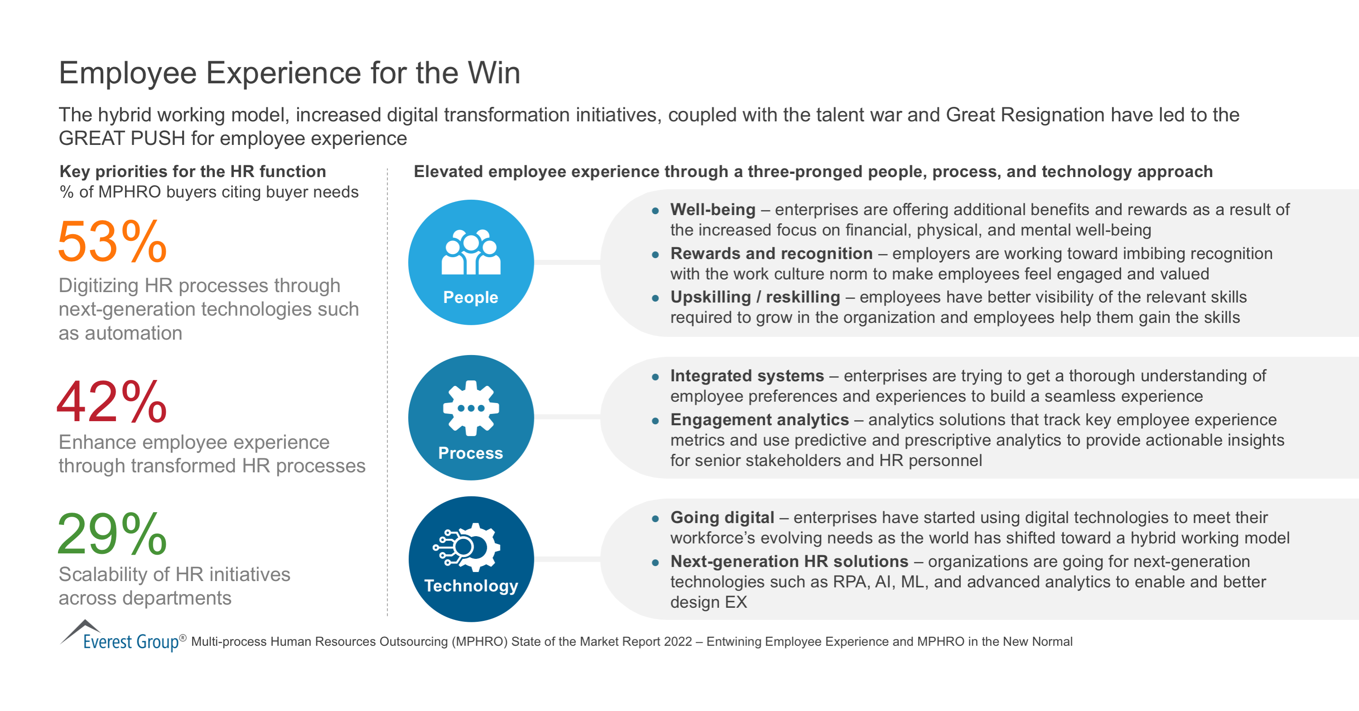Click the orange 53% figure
tap(112, 241)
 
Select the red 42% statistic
tap(112, 402)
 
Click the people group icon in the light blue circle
tap(470, 252)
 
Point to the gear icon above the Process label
tap(470, 408)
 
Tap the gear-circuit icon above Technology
tap(467, 547)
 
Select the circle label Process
tap(470, 453)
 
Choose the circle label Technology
tap(471, 586)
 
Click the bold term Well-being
tap(713, 210)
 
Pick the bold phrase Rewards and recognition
tap(771, 254)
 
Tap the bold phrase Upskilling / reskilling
tap(755, 297)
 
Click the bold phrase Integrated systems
tap(747, 376)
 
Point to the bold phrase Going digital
tap(722, 518)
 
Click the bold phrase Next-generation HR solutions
tap(789, 561)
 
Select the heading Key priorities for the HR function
tap(193, 171)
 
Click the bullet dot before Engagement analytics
tap(655, 421)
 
